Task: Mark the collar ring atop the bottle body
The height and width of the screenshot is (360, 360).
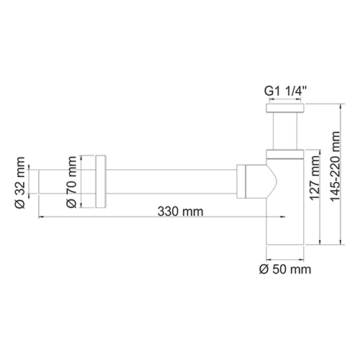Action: click(285, 152)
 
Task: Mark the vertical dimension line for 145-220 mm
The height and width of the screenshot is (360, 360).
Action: click(337, 180)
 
